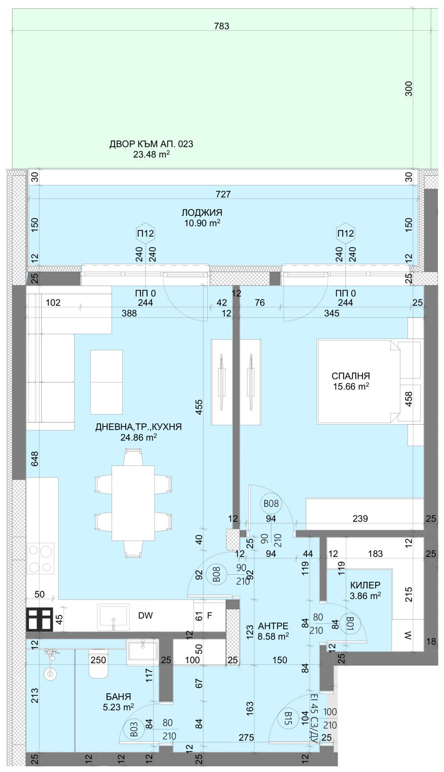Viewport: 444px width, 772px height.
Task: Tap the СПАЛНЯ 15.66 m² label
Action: (351, 381)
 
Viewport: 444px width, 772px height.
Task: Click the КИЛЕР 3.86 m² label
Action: (365, 590)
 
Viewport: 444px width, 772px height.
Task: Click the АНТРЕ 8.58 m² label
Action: (273, 631)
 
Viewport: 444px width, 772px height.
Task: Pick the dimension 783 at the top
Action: (222, 26)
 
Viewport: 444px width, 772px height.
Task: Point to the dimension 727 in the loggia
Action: (223, 194)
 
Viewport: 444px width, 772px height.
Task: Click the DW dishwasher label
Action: (145, 616)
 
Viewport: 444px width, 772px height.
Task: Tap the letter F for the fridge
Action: (210, 616)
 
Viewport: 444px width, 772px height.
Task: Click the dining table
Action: (133, 502)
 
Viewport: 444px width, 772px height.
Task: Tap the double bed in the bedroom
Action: (358, 381)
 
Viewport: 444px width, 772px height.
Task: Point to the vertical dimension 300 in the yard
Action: (409, 88)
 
